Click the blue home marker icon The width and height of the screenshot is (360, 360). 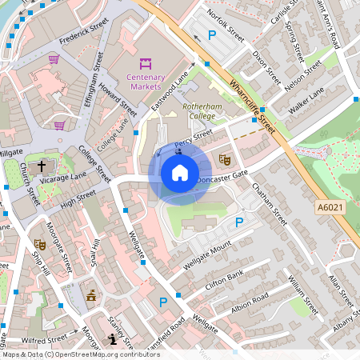point(180,173)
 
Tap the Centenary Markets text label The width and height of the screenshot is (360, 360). point(145,82)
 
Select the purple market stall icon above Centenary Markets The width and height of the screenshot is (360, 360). point(146,62)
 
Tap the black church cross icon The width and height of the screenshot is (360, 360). point(41,165)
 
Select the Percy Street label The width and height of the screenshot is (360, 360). point(194,139)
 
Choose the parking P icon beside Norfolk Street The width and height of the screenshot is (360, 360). point(212,35)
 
